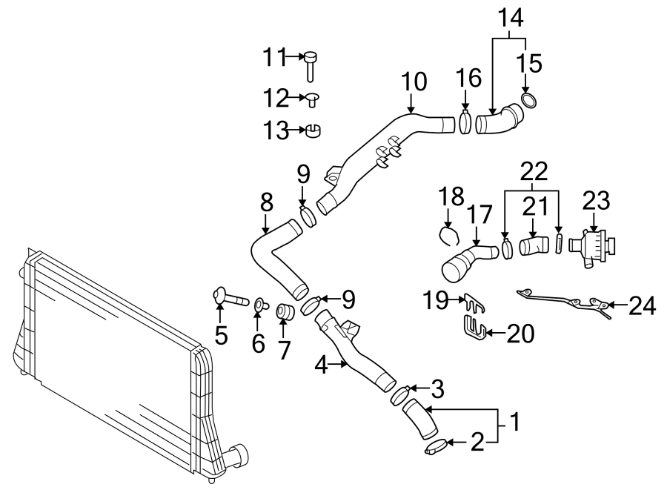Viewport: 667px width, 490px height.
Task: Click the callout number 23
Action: (x=596, y=200)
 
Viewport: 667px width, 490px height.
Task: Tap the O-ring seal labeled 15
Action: (x=527, y=100)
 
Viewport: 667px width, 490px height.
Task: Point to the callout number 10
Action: (x=414, y=81)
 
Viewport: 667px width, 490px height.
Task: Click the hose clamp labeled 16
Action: (x=465, y=120)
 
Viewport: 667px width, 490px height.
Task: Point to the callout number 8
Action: (x=267, y=202)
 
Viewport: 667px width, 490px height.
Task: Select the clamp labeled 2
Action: (x=437, y=446)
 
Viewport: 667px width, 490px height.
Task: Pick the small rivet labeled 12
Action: (x=313, y=99)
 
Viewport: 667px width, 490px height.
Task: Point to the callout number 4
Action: (x=320, y=365)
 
